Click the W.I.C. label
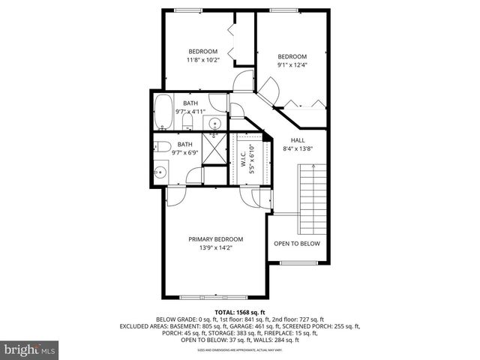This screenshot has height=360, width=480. click(x=243, y=158)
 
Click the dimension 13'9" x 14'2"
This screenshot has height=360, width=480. click(x=215, y=247)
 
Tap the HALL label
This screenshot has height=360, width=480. click(x=298, y=140)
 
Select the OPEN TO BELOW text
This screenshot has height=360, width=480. click(x=296, y=244)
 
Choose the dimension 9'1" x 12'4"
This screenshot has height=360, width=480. click(x=292, y=64)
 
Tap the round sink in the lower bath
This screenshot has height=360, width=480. click(x=160, y=172)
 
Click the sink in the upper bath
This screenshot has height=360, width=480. click(x=214, y=124)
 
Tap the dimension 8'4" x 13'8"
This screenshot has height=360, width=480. click(x=298, y=148)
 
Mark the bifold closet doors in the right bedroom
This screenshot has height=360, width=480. click(x=304, y=106)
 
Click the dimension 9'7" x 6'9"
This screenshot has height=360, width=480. click(x=184, y=153)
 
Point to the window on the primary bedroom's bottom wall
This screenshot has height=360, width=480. click(x=215, y=295)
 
